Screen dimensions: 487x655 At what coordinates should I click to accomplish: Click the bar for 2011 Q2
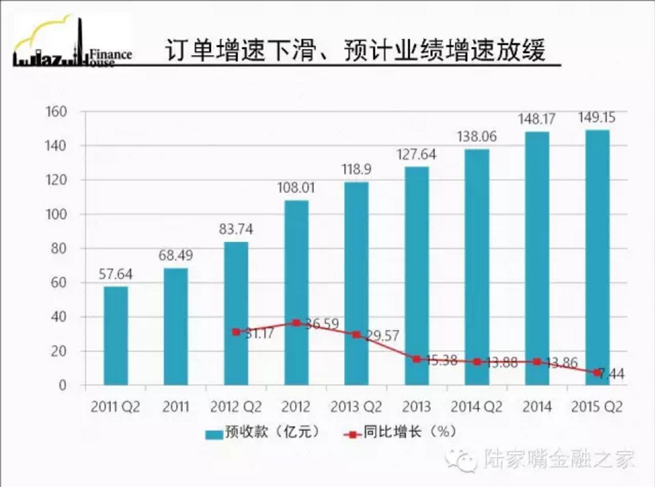(116, 336)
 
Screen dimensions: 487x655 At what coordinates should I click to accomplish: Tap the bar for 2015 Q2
(597, 256)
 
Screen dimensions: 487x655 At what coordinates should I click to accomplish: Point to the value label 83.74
(236, 230)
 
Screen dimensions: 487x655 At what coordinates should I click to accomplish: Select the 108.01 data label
(296, 188)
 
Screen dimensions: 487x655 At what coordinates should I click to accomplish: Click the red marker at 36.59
(296, 323)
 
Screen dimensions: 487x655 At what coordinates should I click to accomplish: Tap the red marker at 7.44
(597, 373)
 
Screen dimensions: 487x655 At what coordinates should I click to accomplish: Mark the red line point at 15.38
(417, 359)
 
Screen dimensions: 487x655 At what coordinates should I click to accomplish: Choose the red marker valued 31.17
(236, 332)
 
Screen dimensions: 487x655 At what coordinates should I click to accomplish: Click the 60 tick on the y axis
(59, 283)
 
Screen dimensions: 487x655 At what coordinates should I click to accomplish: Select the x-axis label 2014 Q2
(477, 408)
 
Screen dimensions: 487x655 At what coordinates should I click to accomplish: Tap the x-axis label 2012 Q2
(236, 408)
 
